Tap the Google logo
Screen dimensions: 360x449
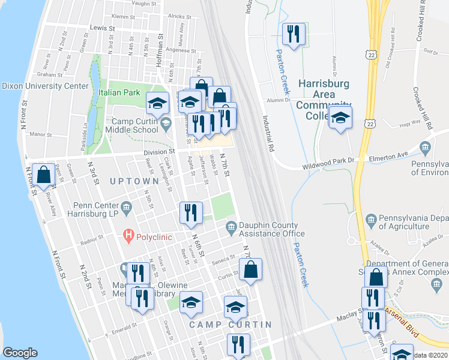[x=20, y=353]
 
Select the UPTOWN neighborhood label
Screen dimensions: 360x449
[x=134, y=181]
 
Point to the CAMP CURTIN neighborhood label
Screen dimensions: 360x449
[x=231, y=325]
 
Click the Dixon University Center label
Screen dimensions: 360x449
[x=45, y=86]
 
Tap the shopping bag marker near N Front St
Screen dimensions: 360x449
[x=44, y=175]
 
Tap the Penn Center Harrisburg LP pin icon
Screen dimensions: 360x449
[x=126, y=208]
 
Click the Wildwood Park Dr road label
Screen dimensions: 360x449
[x=330, y=161]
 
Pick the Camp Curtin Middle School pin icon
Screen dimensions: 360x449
[x=166, y=123]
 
